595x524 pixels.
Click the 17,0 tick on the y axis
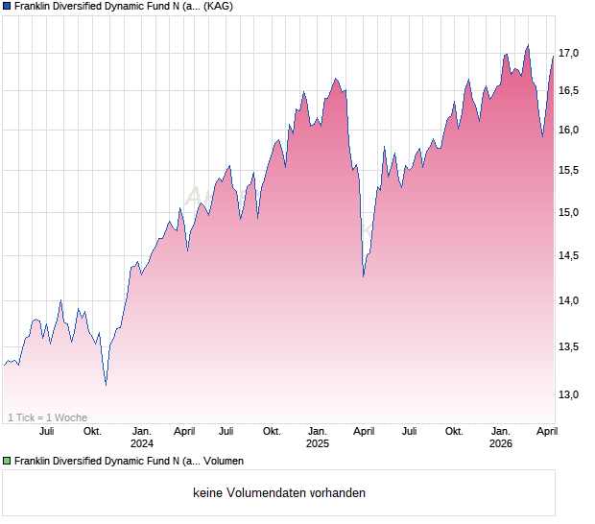pyautogui.click(x=569, y=53)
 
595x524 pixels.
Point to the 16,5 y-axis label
pyautogui.click(x=569, y=90)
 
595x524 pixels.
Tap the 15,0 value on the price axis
pyautogui.click(x=569, y=212)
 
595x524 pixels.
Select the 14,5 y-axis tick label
pyautogui.click(x=569, y=255)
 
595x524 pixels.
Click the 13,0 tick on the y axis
pyautogui.click(x=569, y=394)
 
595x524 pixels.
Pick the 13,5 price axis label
pyautogui.click(x=569, y=346)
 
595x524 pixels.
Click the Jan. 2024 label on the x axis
pyautogui.click(x=142, y=437)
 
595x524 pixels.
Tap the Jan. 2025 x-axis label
pyautogui.click(x=318, y=437)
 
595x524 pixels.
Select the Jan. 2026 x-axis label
pyautogui.click(x=501, y=437)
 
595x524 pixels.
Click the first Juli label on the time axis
pyautogui.click(x=47, y=431)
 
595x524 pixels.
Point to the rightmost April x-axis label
pyautogui.click(x=546, y=431)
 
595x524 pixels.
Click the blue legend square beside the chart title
pyautogui.click(x=7, y=6)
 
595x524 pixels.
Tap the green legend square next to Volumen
pyautogui.click(x=7, y=462)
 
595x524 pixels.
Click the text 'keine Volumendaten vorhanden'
pyautogui.click(x=279, y=493)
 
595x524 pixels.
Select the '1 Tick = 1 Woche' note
pyautogui.click(x=47, y=417)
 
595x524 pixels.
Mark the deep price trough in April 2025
pyautogui.click(x=363, y=276)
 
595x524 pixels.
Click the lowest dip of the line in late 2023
pyautogui.click(x=106, y=385)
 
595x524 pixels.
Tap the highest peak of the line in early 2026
pyautogui.click(x=527, y=45)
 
